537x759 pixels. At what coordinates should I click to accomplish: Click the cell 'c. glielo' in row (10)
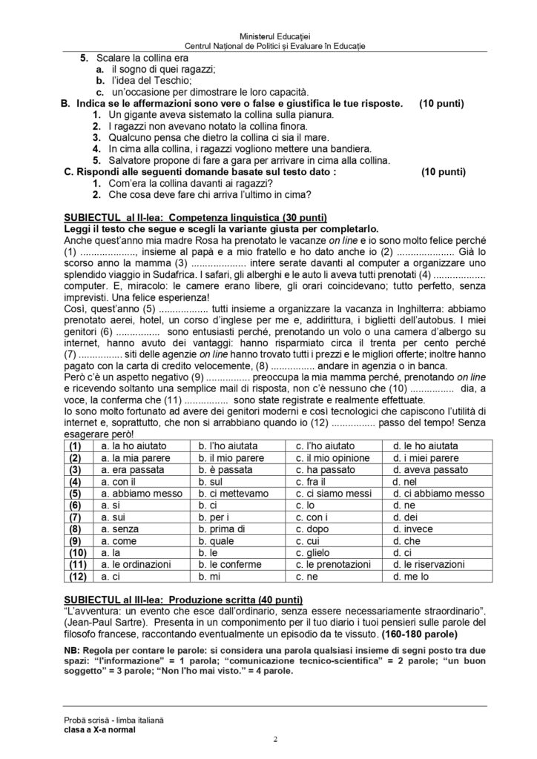tap(312, 552)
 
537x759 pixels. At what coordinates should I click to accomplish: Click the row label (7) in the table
tap(76, 517)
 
